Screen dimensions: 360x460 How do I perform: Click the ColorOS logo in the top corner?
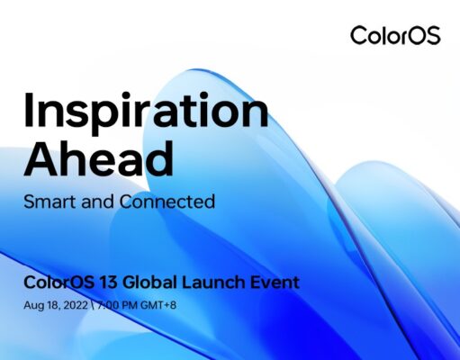(x=395, y=36)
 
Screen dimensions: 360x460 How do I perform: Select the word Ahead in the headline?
(x=99, y=158)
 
